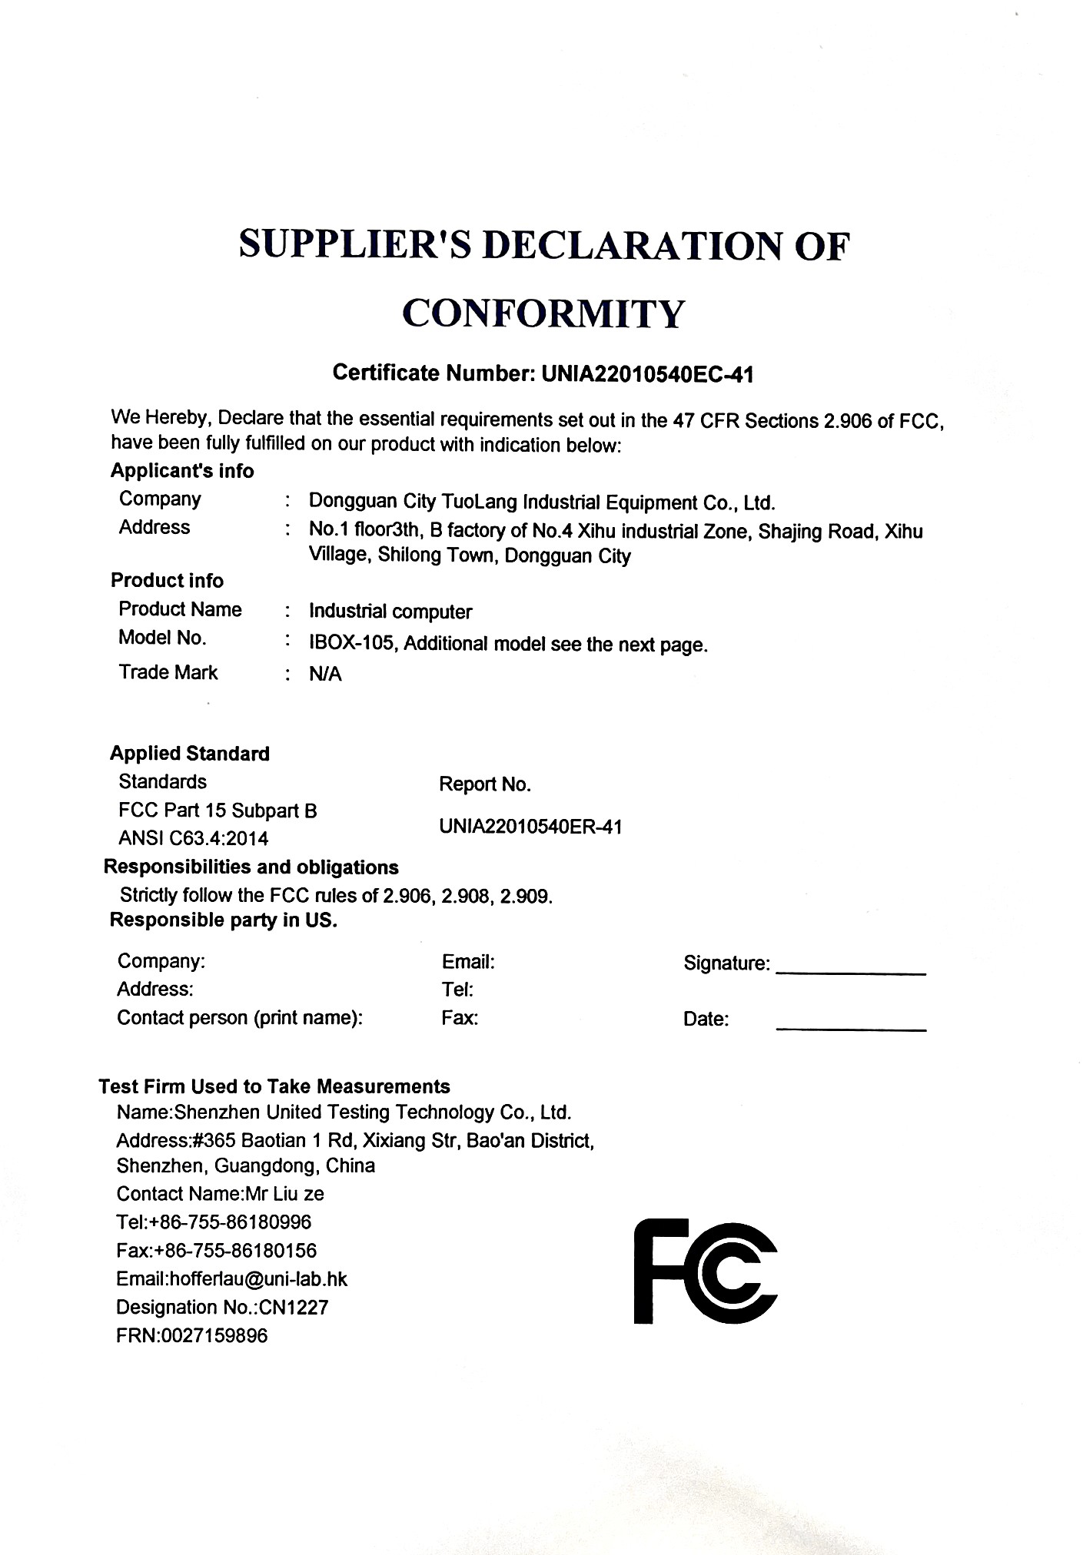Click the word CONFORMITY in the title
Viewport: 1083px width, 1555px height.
point(543,313)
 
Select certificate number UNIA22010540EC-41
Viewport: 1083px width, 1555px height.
point(647,374)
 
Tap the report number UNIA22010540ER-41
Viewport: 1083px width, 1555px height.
point(530,827)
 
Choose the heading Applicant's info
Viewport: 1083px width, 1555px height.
point(182,470)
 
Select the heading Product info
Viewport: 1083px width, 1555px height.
point(167,580)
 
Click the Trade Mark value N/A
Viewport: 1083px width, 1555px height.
point(325,674)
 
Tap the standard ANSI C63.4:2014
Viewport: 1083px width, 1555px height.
point(194,838)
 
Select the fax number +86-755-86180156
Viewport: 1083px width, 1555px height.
point(235,1251)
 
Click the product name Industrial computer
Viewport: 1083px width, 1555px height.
point(390,612)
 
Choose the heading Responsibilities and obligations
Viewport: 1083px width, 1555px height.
point(251,867)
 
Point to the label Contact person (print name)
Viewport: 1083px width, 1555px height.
point(240,1018)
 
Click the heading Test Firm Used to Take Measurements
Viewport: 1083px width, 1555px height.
point(274,1086)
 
